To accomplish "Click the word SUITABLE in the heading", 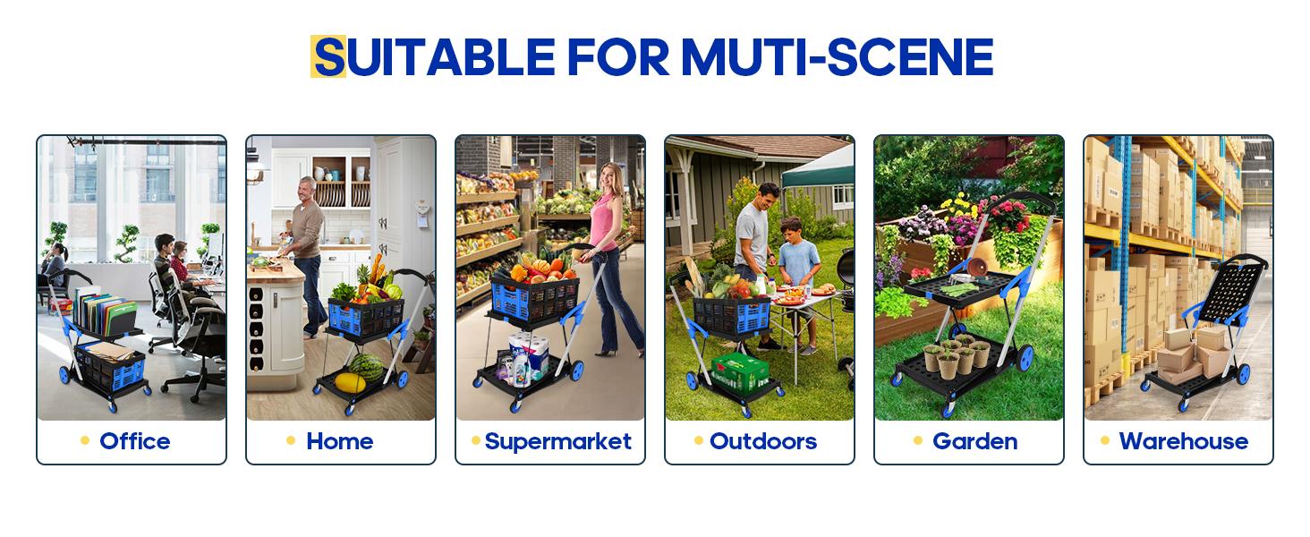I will pos(435,57).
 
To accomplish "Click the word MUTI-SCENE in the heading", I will pos(837,57).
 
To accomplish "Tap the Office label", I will pos(135,441).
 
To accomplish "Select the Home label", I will pos(340,441).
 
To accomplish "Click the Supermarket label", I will pos(558,441).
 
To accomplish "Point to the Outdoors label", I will pos(763,441).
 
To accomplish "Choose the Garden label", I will pos(974,441).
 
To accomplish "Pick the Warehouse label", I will pos(1183,441).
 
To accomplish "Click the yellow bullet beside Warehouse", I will pos(1105,440).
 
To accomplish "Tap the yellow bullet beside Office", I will pos(85,440).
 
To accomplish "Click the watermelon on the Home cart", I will pos(365,367).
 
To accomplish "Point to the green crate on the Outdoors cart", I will pos(739,368).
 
